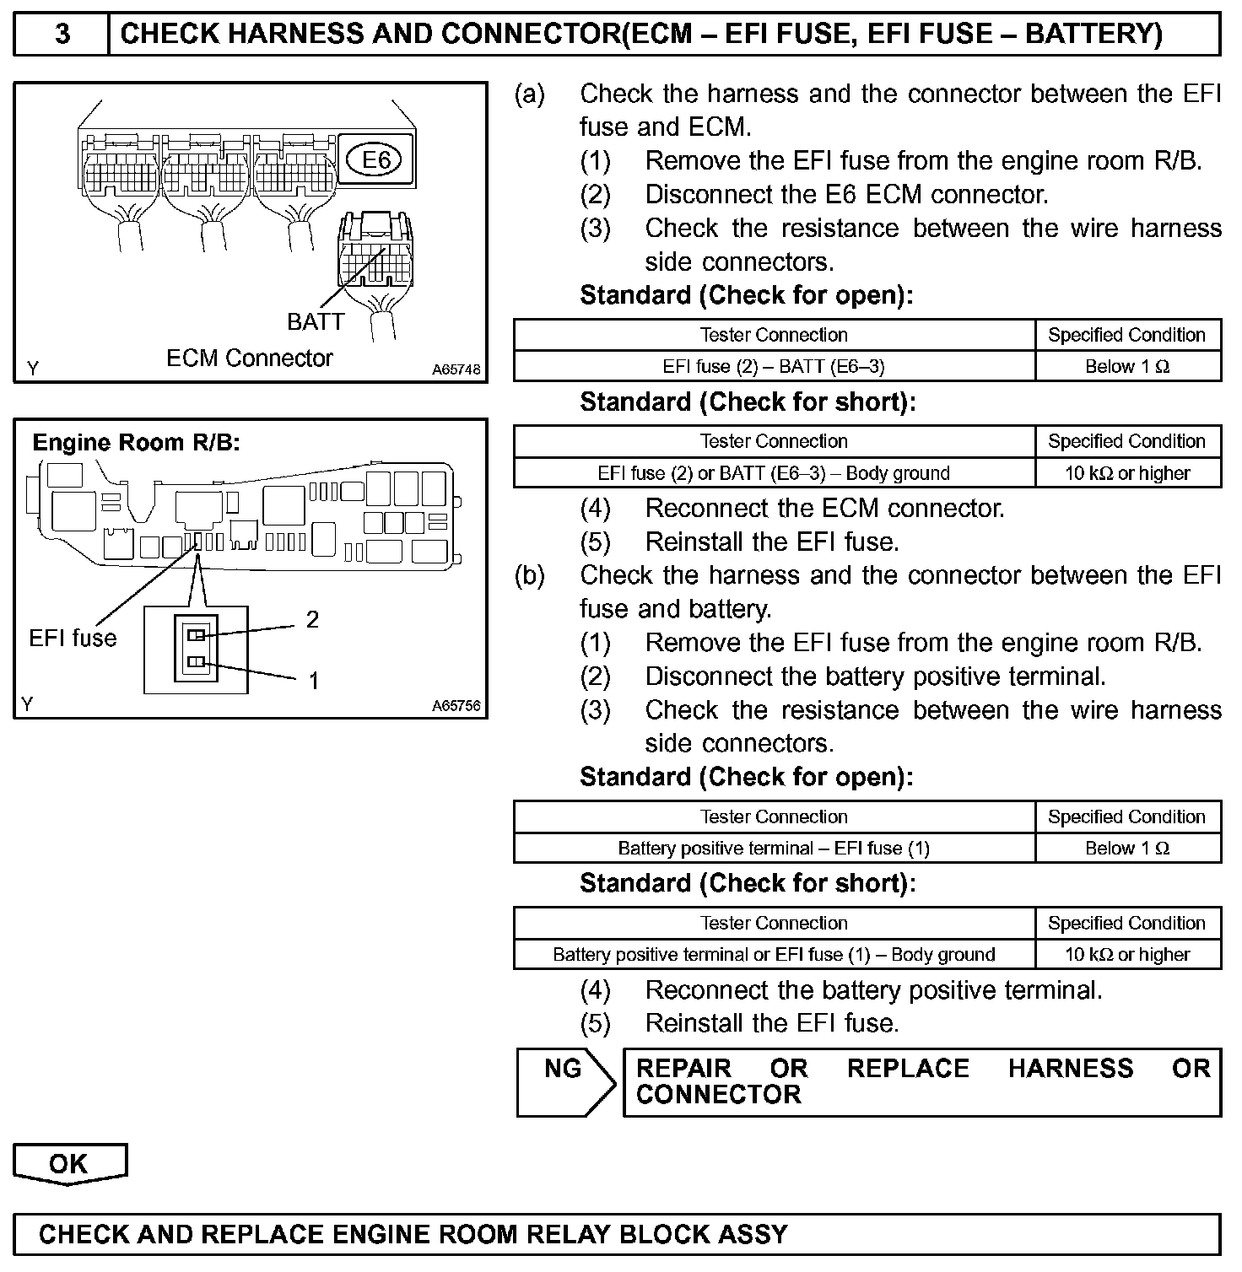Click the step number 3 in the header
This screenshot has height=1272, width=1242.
pyautogui.click(x=62, y=34)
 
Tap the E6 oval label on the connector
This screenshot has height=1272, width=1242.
pyautogui.click(x=375, y=159)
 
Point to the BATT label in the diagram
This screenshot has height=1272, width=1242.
pyautogui.click(x=316, y=321)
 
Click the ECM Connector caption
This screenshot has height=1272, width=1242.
pyautogui.click(x=250, y=358)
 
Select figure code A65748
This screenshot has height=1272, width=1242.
pyautogui.click(x=456, y=369)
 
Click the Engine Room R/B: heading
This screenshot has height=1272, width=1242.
pyautogui.click(x=136, y=443)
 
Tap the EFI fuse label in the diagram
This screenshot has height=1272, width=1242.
pyautogui.click(x=73, y=638)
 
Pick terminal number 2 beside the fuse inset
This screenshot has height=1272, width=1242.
pyautogui.click(x=312, y=620)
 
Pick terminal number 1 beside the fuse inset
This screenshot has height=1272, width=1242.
pyautogui.click(x=313, y=681)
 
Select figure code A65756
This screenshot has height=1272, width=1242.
pyautogui.click(x=456, y=706)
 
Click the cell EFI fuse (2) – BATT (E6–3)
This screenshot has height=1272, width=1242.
pyautogui.click(x=774, y=366)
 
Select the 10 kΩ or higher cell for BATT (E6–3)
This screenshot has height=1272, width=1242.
pyautogui.click(x=1127, y=473)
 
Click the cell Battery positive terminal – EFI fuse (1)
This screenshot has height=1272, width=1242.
pyautogui.click(x=774, y=849)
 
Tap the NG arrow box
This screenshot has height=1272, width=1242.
pyautogui.click(x=564, y=1082)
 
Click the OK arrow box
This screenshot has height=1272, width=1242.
pyautogui.click(x=69, y=1164)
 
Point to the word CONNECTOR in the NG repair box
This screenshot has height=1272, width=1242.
pyautogui.click(x=718, y=1095)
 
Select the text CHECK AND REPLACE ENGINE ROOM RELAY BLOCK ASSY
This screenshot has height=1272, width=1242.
pyautogui.click(x=413, y=1235)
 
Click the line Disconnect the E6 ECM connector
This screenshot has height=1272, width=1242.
pyautogui.click(x=846, y=195)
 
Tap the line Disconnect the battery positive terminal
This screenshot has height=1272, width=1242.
pyautogui.click(x=875, y=676)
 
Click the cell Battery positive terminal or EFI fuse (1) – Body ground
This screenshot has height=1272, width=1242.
pyautogui.click(x=774, y=955)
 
